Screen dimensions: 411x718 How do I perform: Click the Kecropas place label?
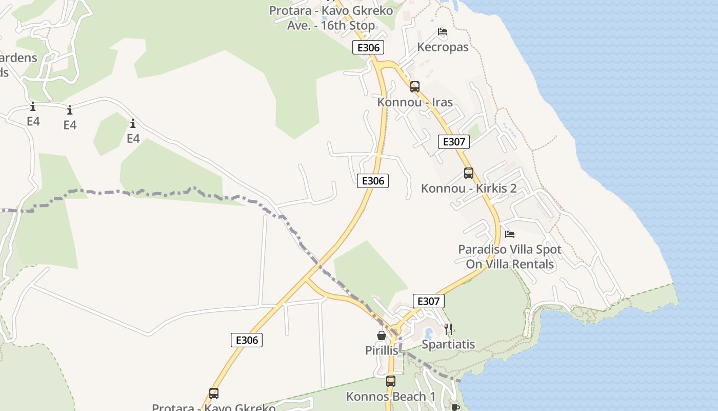point(443,47)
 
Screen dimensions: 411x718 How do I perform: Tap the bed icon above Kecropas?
point(443,32)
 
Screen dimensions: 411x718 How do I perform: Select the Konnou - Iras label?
point(415,102)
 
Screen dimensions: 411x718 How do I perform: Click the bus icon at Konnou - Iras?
point(415,87)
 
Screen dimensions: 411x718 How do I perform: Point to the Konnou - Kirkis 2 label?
point(468,189)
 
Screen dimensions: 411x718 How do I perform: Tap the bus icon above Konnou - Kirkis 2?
point(468,173)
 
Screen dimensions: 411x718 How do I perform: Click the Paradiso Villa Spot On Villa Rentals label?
point(510,257)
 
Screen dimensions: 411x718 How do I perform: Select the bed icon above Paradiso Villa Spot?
point(510,234)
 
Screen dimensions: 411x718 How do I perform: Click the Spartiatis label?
point(448,344)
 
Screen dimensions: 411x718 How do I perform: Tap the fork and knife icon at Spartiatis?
point(448,329)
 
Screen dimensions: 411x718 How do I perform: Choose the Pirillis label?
point(382,350)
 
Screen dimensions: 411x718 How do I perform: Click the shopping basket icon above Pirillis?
point(382,335)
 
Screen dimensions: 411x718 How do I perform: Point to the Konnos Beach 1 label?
point(391,397)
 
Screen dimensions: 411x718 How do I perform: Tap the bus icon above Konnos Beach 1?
point(391,381)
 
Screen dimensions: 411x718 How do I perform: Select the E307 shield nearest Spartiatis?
point(428,301)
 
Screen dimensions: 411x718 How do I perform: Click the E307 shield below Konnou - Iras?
point(453,142)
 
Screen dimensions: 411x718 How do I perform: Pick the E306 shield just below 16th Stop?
point(368,48)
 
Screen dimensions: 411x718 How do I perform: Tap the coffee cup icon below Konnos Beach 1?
point(455,407)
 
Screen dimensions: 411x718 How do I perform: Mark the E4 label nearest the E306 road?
point(133,138)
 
